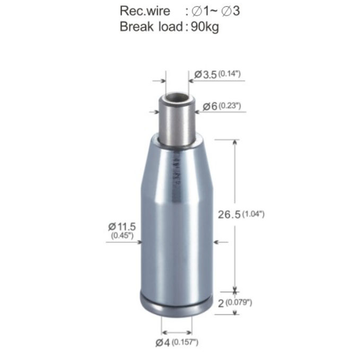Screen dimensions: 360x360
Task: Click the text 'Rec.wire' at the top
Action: click(x=145, y=11)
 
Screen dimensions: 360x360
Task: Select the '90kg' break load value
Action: click(x=205, y=27)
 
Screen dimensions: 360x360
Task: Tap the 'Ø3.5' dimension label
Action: click(x=206, y=75)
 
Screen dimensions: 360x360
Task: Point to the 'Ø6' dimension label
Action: click(x=210, y=106)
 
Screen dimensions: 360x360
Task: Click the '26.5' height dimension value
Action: click(x=229, y=215)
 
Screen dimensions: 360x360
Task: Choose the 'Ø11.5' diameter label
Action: click(x=122, y=226)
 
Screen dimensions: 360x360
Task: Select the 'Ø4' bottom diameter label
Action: click(x=163, y=343)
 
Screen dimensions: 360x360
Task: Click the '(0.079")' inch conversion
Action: click(x=239, y=302)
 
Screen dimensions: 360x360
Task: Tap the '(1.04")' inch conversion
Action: click(x=253, y=214)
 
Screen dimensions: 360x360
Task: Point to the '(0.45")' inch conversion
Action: click(x=122, y=235)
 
